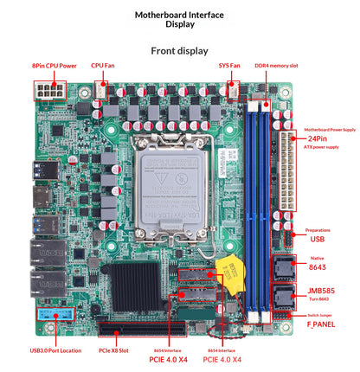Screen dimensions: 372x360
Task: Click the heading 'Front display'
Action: point(179,50)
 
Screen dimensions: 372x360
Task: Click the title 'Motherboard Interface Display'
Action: point(179,20)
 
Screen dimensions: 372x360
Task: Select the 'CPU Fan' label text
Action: point(103,65)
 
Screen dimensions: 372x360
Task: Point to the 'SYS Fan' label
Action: point(229,65)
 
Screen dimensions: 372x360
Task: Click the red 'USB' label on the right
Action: point(318,240)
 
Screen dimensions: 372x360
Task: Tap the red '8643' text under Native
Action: point(318,268)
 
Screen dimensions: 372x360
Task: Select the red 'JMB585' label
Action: point(318,291)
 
